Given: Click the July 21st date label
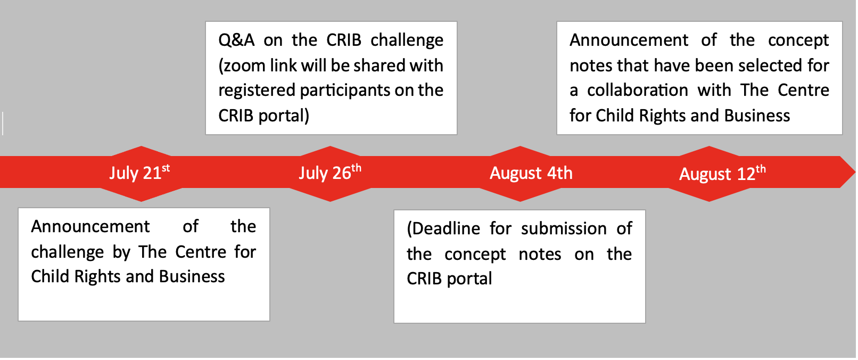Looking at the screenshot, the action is point(139,173).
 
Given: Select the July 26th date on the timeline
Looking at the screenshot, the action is point(330,173).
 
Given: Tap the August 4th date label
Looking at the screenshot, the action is point(531,173).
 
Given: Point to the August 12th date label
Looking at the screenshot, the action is point(722,173).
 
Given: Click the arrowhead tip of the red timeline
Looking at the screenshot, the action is point(855,172).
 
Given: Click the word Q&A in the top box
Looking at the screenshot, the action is point(236,40).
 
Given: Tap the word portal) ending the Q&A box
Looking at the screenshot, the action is point(284,116).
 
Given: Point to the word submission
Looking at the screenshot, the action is point(564,229).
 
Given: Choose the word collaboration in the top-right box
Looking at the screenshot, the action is point(637,91).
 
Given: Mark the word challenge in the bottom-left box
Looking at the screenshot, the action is point(67,252).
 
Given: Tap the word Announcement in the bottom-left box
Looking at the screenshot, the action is point(90,227).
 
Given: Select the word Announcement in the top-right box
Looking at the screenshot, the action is point(629,40).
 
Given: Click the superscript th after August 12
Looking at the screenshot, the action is point(761,169).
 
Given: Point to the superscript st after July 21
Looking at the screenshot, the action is point(166,168).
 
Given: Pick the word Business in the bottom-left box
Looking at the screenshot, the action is point(192,277).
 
